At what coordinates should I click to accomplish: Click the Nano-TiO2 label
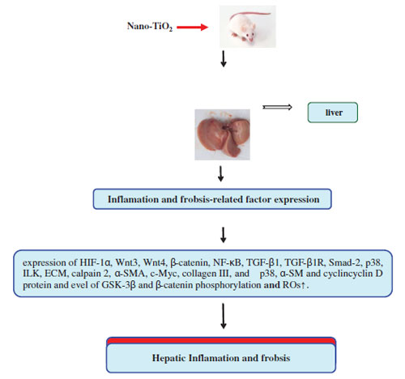[150, 27]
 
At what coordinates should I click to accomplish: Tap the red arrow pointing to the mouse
[193, 27]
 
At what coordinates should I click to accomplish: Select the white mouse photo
[248, 27]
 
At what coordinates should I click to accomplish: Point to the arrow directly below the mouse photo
[224, 58]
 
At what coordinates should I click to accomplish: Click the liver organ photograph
[222, 134]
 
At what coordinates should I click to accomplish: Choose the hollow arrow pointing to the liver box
[277, 107]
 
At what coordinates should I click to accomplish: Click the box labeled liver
[333, 113]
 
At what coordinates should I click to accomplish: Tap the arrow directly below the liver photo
[220, 173]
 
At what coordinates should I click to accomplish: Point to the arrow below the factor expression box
[224, 235]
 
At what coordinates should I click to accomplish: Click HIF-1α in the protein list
[96, 262]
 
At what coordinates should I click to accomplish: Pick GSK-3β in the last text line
[118, 285]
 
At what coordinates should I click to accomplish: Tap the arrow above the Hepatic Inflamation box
[224, 316]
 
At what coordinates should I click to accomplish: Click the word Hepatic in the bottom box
[168, 358]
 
